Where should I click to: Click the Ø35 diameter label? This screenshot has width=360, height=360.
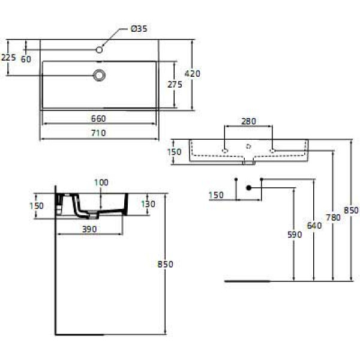click(139, 29)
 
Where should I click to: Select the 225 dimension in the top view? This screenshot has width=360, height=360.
click(8, 58)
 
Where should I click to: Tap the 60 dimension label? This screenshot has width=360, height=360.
click(26, 59)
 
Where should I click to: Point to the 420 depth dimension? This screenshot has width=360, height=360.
click(192, 73)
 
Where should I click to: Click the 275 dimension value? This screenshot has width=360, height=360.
click(174, 85)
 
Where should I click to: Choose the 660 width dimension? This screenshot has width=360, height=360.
click(98, 118)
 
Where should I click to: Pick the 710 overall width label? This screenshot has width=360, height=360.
click(98, 133)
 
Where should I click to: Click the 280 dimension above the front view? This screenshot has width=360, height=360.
click(248, 121)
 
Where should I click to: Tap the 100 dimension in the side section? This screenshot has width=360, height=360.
click(101, 182)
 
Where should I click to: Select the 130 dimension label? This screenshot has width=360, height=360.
click(148, 204)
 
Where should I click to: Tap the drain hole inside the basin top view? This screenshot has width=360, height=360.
click(100, 75)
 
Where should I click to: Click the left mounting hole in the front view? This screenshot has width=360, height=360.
click(225, 150)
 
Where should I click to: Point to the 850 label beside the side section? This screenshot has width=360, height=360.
click(165, 264)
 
